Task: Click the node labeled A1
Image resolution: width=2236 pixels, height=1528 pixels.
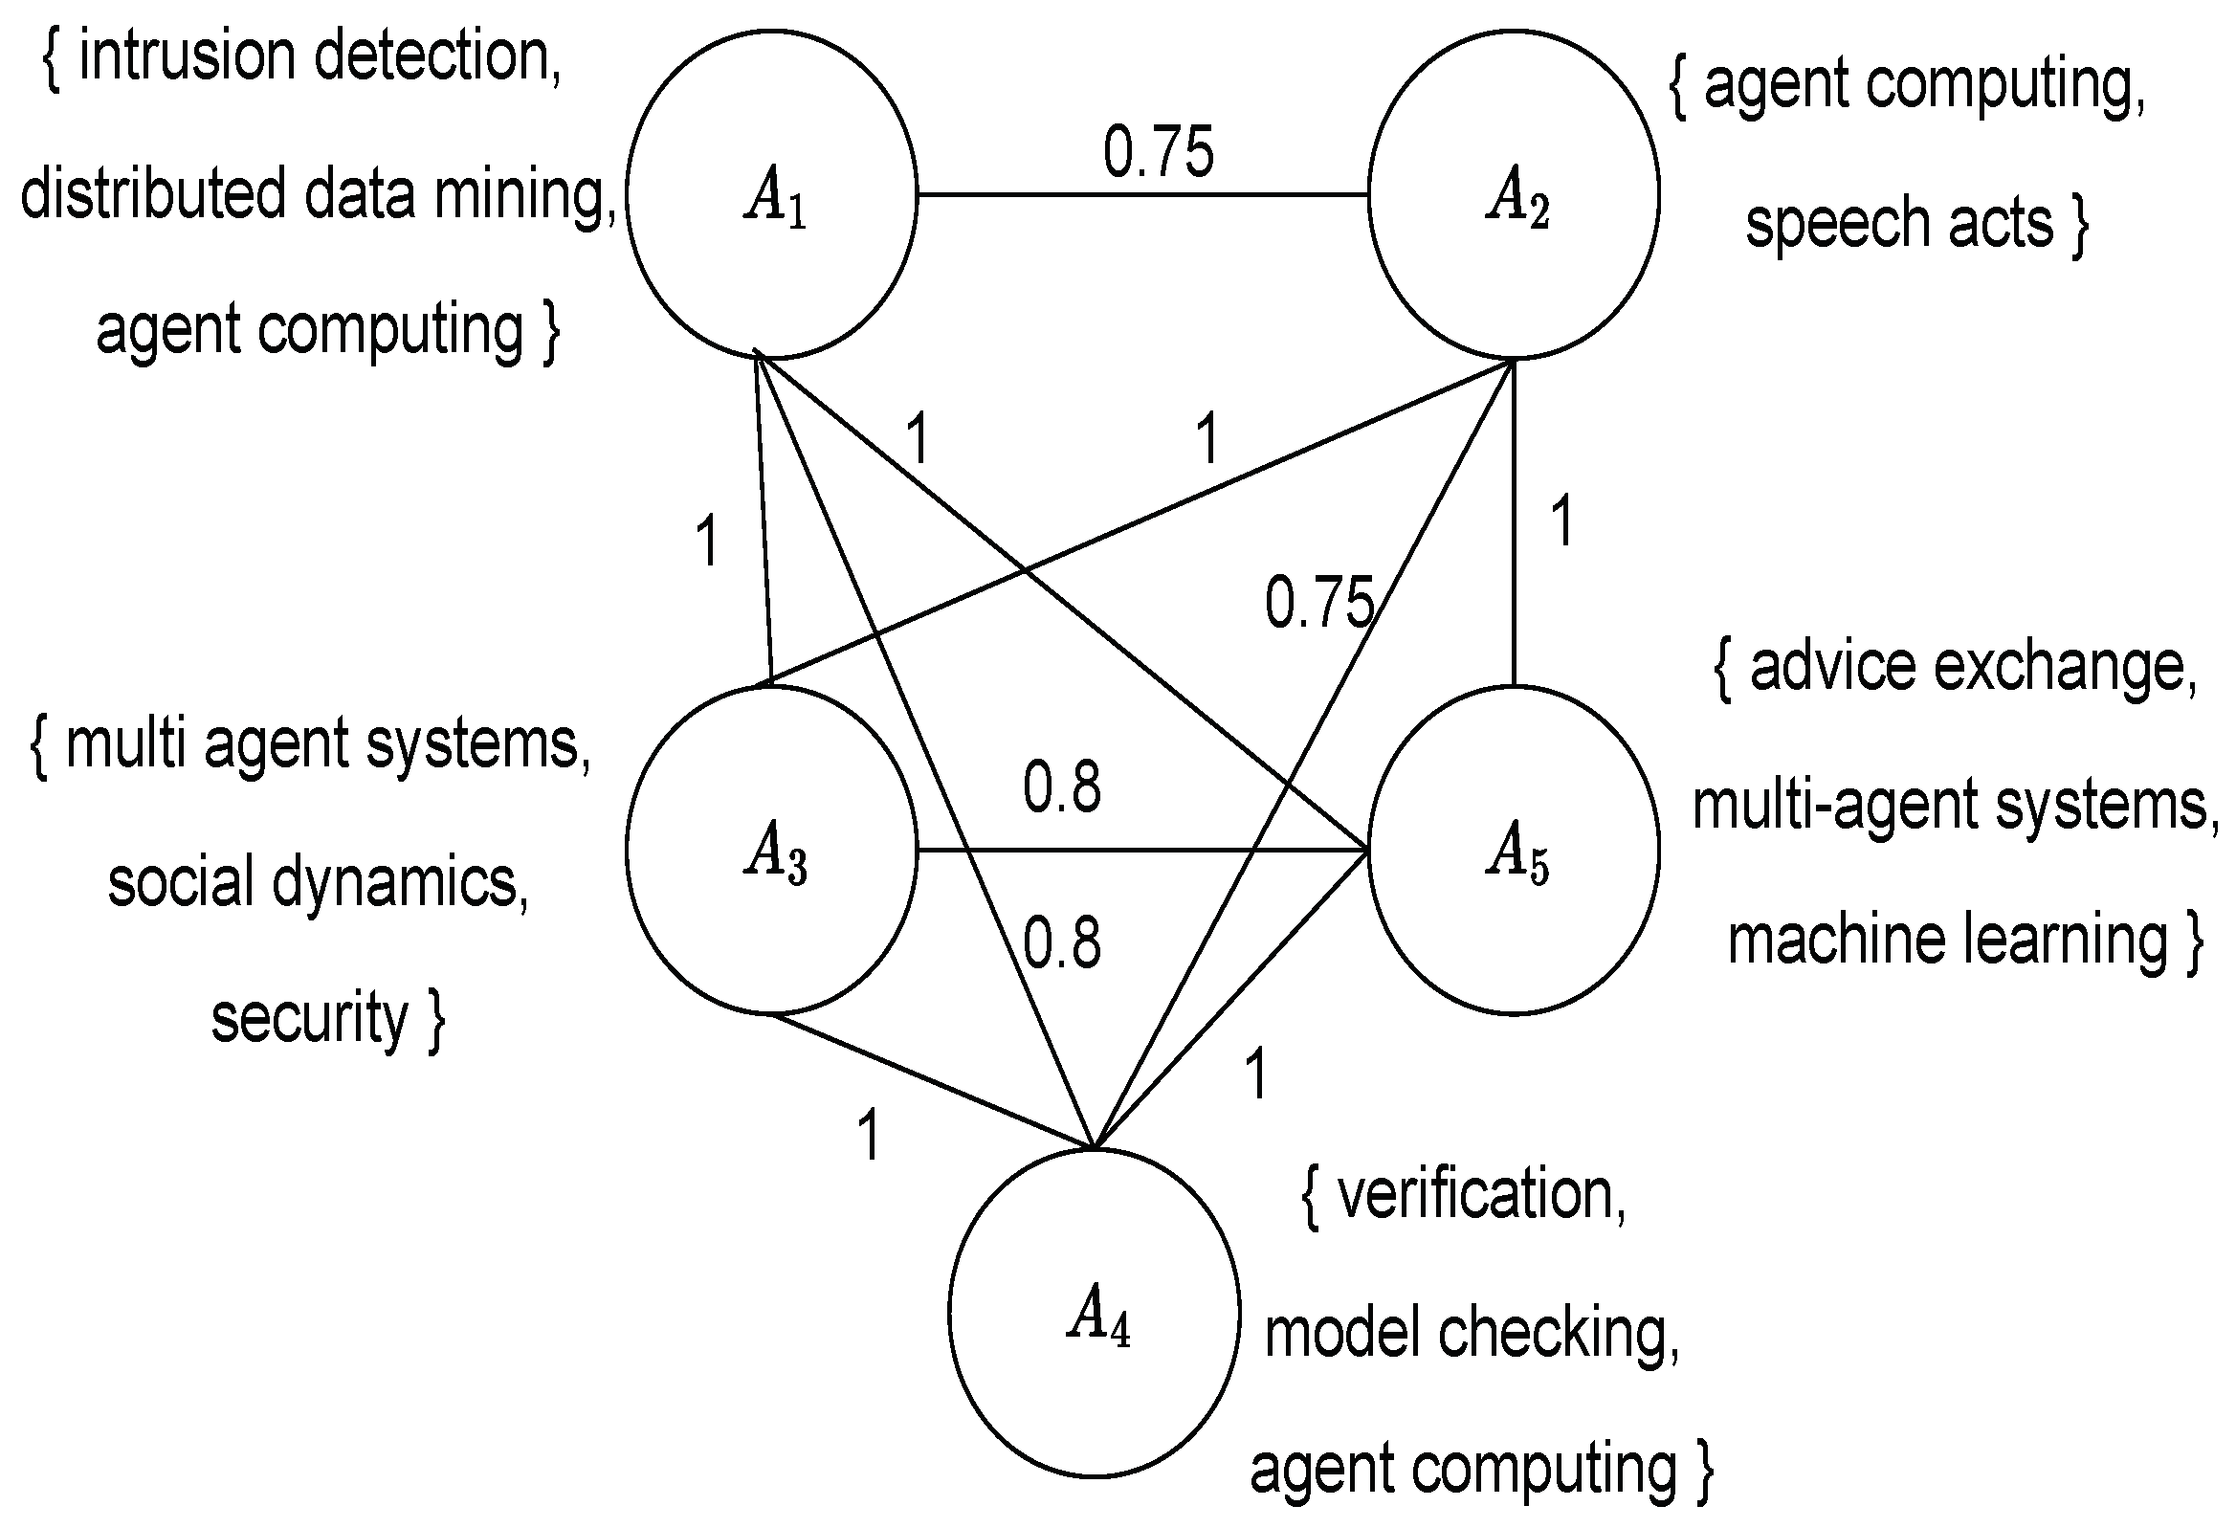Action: coord(771,194)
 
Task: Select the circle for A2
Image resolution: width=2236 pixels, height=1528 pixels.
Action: coord(1514,194)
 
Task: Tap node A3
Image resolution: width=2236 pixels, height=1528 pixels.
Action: coord(771,850)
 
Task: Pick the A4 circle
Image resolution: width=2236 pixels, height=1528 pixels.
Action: coord(1094,1314)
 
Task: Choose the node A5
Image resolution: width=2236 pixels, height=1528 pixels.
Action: coord(1514,851)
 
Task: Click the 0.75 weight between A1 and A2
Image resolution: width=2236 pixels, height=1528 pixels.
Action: coord(1159,152)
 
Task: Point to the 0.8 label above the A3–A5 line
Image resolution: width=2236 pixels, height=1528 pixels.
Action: coord(1061,787)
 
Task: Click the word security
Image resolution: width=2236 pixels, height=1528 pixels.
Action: coord(310,1018)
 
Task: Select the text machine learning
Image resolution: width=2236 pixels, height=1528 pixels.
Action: coord(1947,941)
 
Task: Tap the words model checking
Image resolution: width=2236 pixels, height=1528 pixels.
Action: coord(1471,1333)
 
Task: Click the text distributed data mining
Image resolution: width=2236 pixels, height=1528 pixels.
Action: coord(318,194)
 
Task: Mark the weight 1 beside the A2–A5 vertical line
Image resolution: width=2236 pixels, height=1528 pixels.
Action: coord(1562,521)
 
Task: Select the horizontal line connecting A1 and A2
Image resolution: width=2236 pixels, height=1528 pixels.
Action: coord(1142,195)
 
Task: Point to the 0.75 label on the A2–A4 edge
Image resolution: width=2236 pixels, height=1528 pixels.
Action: coord(1318,604)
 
